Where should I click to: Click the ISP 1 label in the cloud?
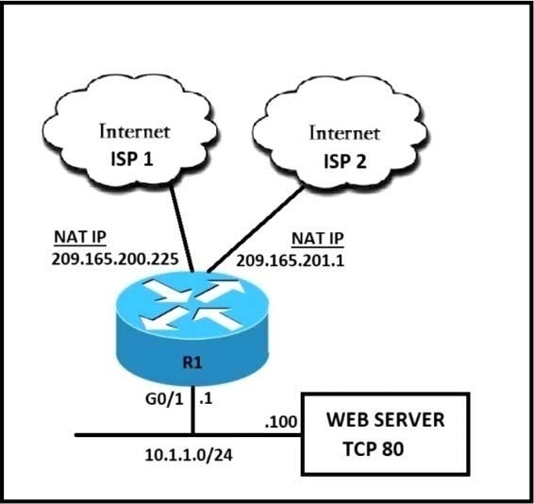(x=132, y=160)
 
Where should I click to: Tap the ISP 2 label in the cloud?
(x=345, y=161)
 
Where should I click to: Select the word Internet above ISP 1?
(x=135, y=131)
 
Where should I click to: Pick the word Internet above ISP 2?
(x=344, y=133)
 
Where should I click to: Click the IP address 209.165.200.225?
(x=115, y=259)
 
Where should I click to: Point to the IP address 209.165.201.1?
(x=291, y=261)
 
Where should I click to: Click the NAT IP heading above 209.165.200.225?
(x=80, y=237)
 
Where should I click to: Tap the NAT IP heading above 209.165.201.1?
(x=318, y=239)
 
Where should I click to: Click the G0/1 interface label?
(x=164, y=399)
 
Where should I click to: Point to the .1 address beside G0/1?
(x=206, y=398)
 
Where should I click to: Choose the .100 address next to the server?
(x=281, y=422)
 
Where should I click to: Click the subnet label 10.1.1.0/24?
(x=189, y=455)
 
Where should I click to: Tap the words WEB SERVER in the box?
(x=386, y=419)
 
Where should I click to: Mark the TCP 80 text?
(x=374, y=448)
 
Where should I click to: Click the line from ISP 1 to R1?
(x=182, y=229)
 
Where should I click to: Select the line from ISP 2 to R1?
(x=256, y=229)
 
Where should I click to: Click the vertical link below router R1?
(x=192, y=410)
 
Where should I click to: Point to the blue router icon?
(x=192, y=328)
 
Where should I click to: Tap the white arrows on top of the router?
(x=193, y=305)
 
